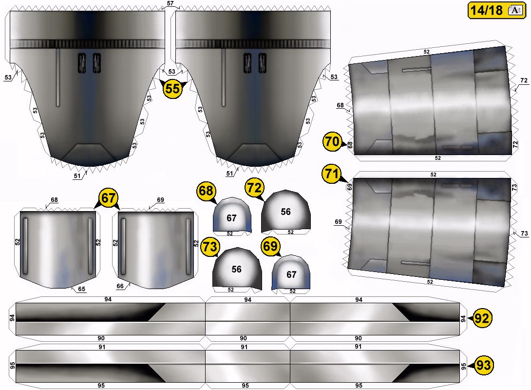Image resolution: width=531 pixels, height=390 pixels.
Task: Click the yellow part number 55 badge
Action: [x=172, y=89]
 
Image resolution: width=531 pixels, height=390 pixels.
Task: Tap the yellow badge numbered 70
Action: [x=332, y=141]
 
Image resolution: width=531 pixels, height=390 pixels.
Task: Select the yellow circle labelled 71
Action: [x=331, y=174]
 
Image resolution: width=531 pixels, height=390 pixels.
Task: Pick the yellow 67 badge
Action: [x=108, y=197]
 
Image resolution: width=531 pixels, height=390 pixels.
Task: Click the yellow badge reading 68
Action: [x=206, y=191]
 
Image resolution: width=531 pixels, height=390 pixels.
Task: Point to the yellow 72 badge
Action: [x=254, y=187]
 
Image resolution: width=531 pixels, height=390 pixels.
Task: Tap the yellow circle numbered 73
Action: [x=210, y=247]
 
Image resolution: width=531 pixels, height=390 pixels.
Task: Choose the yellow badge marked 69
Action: [x=270, y=246]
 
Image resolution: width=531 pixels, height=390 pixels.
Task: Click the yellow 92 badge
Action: [x=482, y=318]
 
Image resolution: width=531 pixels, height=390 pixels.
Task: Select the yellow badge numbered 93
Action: [x=483, y=365]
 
